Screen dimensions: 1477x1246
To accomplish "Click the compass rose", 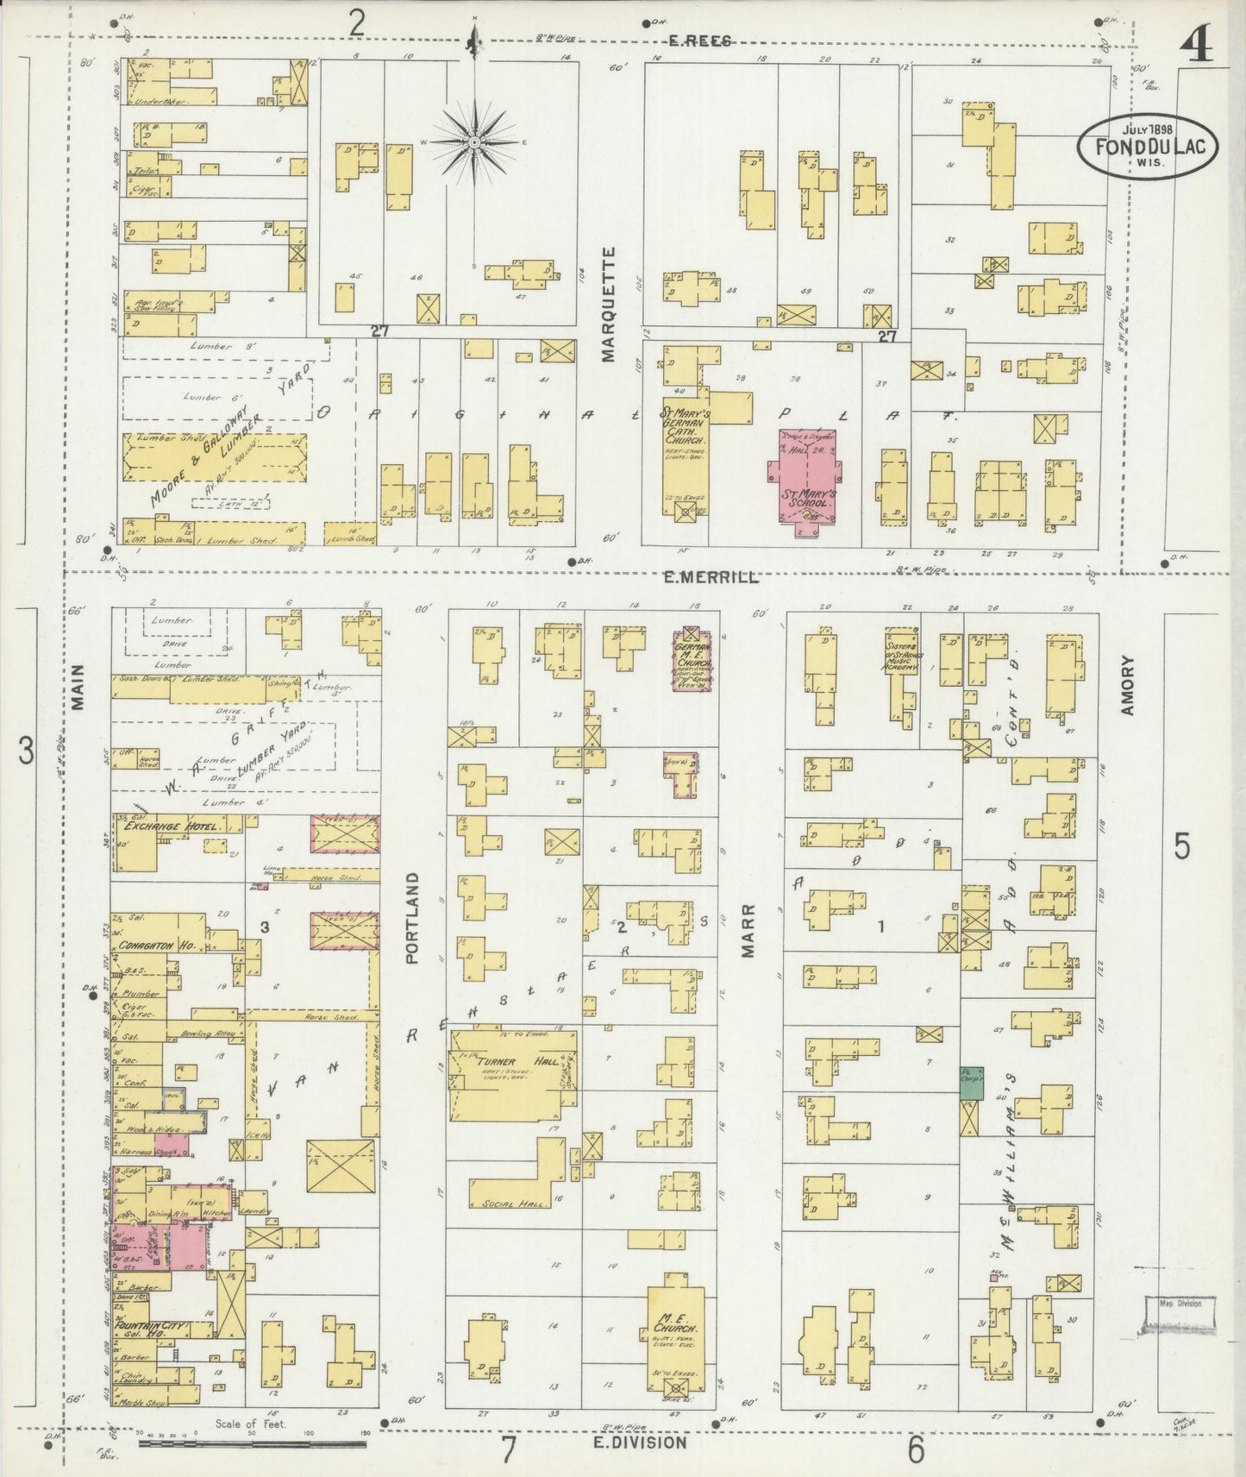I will tap(473, 141).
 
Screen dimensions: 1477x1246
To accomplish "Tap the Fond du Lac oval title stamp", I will tap(1148, 148).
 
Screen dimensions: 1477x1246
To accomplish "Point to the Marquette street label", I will tap(610, 304).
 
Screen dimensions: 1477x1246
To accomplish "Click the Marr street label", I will tap(748, 930).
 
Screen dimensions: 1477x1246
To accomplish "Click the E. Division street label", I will tap(641, 1442).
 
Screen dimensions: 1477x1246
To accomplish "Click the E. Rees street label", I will tap(700, 41).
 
